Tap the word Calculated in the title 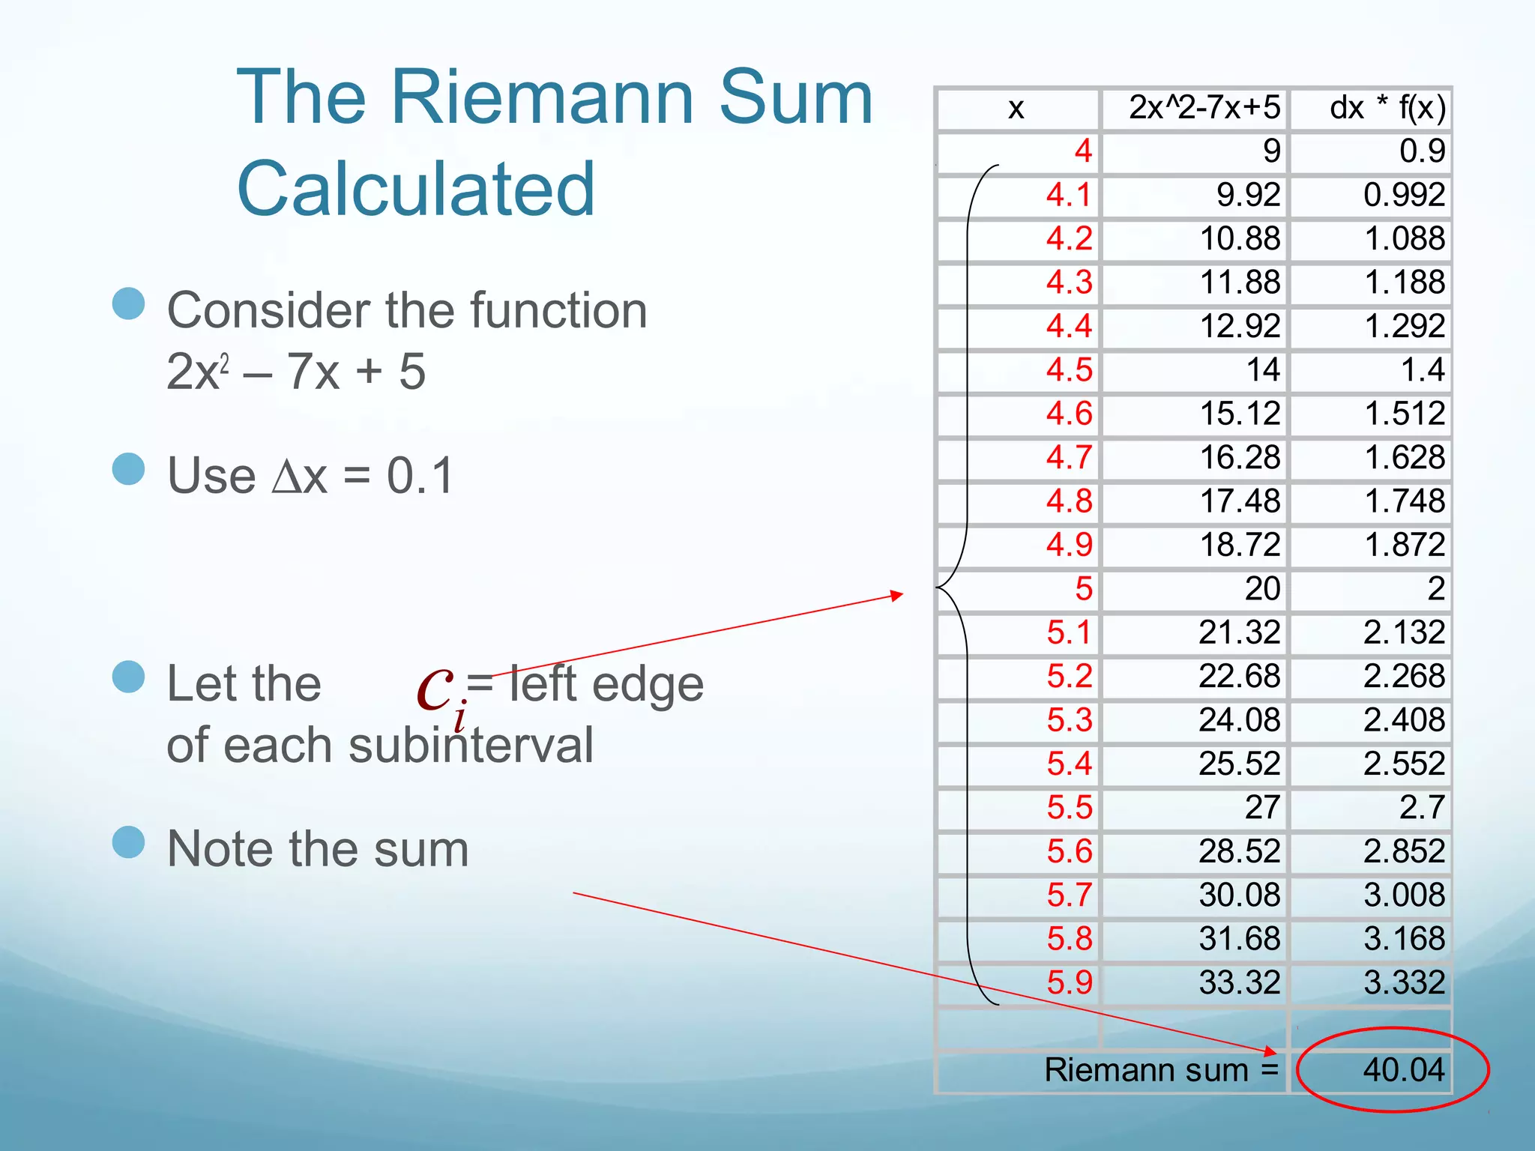pyautogui.click(x=416, y=189)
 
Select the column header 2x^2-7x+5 pyautogui.click(x=1204, y=108)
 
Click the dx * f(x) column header pyautogui.click(x=1387, y=108)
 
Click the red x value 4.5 pyautogui.click(x=1070, y=369)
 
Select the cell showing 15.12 pyautogui.click(x=1240, y=414)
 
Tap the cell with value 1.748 pyautogui.click(x=1404, y=501)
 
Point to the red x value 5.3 pyautogui.click(x=1070, y=719)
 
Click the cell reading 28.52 pyautogui.click(x=1239, y=851)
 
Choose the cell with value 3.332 pyautogui.click(x=1404, y=982)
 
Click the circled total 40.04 pyautogui.click(x=1403, y=1069)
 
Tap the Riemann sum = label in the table pyautogui.click(x=1161, y=1069)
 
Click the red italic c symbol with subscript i pyautogui.click(x=436, y=689)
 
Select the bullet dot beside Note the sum pyautogui.click(x=128, y=842)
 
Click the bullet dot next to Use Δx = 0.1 pyautogui.click(x=128, y=469)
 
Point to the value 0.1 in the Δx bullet pyautogui.click(x=420, y=476)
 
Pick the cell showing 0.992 pyautogui.click(x=1404, y=195)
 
